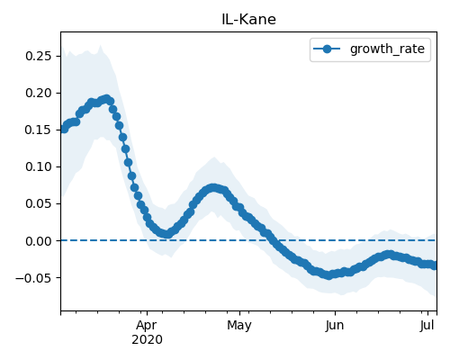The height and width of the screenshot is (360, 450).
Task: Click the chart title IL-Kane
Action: tap(248, 20)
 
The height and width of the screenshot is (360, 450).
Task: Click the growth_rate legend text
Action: tap(387, 49)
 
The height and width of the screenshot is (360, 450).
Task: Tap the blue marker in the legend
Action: tap(327, 49)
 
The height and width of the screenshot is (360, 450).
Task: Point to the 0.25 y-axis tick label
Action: tap(39, 56)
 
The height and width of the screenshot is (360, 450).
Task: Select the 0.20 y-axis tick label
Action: tap(39, 93)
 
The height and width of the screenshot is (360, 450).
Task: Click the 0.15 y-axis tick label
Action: tap(39, 130)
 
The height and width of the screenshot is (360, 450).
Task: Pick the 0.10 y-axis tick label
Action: tap(39, 166)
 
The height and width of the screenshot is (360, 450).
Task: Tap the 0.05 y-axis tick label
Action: tap(39, 203)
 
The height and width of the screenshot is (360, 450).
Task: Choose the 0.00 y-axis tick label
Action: tap(39, 241)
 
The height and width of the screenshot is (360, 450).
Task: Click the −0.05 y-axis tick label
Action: tap(33, 278)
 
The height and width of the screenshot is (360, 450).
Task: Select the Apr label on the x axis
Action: tap(147, 326)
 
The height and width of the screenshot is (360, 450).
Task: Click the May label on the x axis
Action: tap(239, 326)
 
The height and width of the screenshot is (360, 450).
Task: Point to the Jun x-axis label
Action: tap(335, 326)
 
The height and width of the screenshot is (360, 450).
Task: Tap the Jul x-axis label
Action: tap(427, 326)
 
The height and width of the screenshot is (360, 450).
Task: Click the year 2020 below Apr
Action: tap(147, 339)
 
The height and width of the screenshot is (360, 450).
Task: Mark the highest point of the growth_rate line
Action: tap(106, 99)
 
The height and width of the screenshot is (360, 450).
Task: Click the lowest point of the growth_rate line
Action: tap(329, 275)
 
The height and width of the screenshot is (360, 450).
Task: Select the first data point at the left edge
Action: tap(64, 129)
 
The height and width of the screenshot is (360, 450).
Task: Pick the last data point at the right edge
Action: tap(434, 265)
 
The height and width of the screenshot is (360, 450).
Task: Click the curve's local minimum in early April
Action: tap(167, 234)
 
